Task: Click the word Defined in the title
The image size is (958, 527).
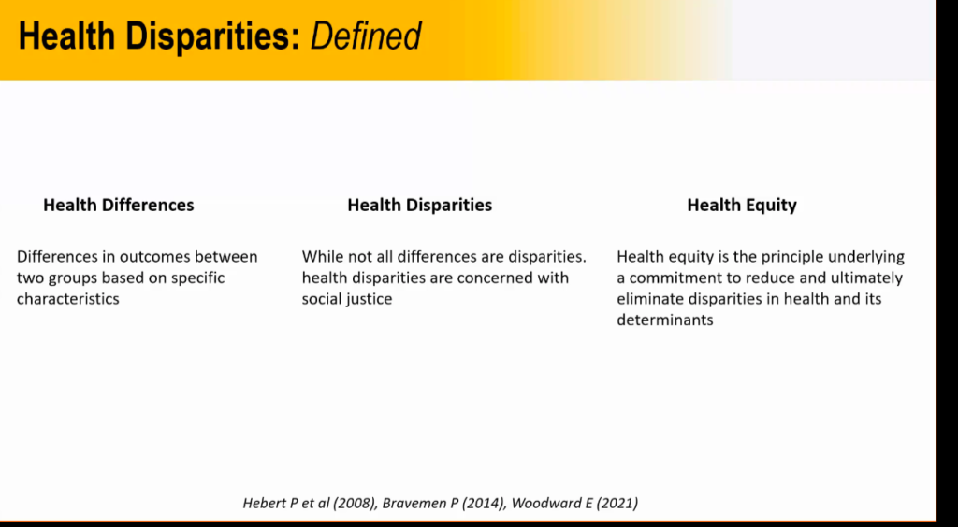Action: pos(366,36)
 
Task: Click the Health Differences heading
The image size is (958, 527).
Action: pos(119,205)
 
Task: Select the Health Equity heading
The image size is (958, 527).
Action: pos(742,206)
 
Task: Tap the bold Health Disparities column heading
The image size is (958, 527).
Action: pos(420,206)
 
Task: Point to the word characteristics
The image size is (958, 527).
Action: pos(67,299)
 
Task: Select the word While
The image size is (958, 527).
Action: pos(321,257)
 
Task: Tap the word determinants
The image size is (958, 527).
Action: pos(665,320)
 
